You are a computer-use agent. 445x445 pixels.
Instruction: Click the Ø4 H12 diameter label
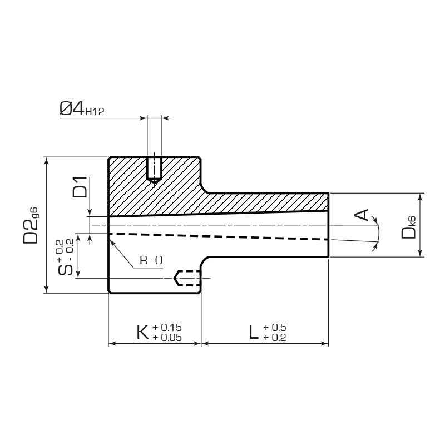82,108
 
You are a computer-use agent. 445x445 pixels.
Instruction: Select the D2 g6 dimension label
31,226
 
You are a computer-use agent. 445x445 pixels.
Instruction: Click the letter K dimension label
142,332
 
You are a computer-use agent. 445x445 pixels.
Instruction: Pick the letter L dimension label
254,332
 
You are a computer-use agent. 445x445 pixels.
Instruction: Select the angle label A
361,215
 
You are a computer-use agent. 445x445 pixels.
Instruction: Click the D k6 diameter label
408,227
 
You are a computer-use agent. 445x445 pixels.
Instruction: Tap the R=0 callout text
151,260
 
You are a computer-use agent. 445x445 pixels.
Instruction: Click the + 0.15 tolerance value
167,327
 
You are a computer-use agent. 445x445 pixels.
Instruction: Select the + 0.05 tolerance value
167,337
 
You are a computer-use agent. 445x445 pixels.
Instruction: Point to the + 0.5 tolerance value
275,327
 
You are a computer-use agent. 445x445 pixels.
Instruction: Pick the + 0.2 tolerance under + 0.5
275,337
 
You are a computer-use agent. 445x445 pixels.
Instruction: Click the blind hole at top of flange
155,170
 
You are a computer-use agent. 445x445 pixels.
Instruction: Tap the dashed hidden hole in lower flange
187,278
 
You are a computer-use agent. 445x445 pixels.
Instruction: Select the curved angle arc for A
377,234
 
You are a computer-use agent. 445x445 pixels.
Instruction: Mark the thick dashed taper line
219,237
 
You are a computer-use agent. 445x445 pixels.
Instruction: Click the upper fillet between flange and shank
205,189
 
